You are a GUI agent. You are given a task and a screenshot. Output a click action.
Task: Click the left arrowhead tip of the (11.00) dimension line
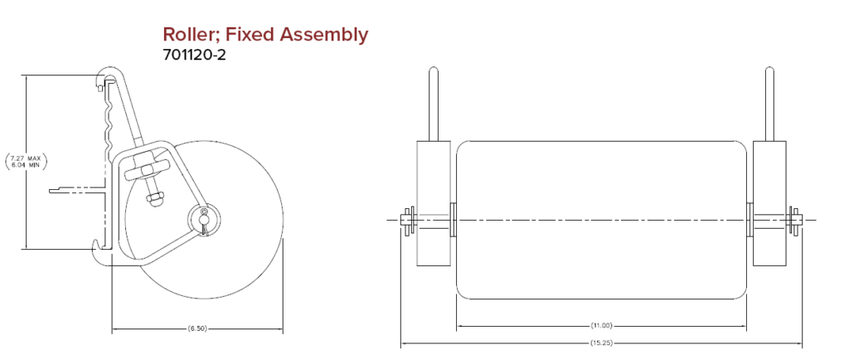pyautogui.click(x=457, y=326)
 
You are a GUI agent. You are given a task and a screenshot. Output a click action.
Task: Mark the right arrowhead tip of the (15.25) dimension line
pyautogui.click(x=803, y=343)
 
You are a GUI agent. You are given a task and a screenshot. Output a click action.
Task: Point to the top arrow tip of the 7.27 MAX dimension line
pyautogui.click(x=26, y=75)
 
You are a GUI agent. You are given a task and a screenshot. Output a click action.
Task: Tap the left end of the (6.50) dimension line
pyautogui.click(x=112, y=328)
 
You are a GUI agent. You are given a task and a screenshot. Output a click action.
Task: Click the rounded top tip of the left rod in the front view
pyautogui.click(x=433, y=67)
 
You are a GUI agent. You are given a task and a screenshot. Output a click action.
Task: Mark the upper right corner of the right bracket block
pyautogui.click(x=784, y=142)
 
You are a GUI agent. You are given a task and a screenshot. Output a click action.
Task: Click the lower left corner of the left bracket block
pyautogui.click(x=416, y=265)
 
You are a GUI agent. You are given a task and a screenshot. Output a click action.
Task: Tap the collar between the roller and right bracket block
pyautogui.click(x=750, y=219)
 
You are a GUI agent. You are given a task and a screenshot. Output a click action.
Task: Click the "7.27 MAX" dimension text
pyautogui.click(x=26, y=158)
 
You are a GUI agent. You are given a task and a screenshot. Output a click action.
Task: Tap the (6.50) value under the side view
pyautogui.click(x=198, y=328)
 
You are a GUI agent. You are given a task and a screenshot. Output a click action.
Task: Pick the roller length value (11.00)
pyautogui.click(x=602, y=326)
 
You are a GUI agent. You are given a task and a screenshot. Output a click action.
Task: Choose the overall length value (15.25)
pyautogui.click(x=602, y=343)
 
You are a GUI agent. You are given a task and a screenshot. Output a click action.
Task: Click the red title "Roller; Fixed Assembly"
pyautogui.click(x=265, y=35)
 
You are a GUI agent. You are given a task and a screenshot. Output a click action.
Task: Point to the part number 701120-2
pyautogui.click(x=194, y=55)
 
